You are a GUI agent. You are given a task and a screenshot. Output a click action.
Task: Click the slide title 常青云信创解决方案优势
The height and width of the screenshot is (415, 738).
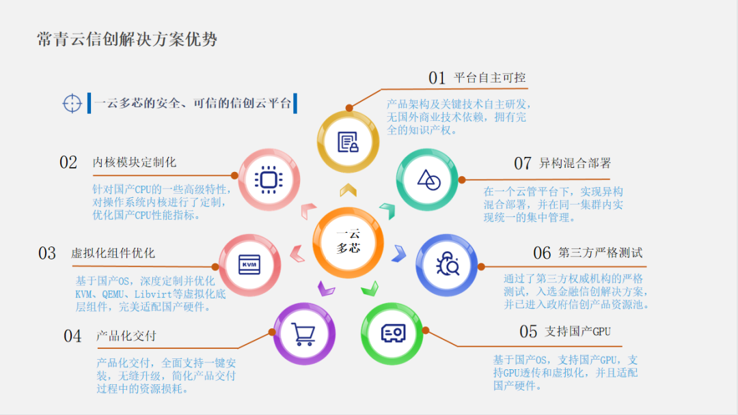tap(127, 39)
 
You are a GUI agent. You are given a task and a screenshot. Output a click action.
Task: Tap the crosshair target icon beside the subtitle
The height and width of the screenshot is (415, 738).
tap(72, 103)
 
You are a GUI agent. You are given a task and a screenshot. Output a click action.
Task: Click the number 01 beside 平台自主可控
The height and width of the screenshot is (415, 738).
tap(437, 78)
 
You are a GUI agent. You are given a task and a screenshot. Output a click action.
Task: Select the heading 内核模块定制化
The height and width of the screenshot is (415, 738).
tap(134, 162)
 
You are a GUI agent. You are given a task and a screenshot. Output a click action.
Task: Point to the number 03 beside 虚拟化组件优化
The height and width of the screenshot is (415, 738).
tap(47, 253)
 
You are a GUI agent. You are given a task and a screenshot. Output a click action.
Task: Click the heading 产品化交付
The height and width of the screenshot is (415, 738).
tap(126, 336)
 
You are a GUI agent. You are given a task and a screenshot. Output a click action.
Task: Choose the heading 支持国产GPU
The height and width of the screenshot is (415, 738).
tap(577, 331)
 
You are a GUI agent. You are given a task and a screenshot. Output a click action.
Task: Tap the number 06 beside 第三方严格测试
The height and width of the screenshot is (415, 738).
tap(542, 253)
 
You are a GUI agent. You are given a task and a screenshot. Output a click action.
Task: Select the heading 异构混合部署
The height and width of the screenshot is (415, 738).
tap(575, 163)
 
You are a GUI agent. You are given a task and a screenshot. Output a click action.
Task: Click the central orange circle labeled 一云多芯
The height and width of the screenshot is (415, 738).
tap(348, 242)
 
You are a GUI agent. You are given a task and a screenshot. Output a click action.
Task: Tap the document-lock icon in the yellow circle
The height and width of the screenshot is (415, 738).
tap(348, 142)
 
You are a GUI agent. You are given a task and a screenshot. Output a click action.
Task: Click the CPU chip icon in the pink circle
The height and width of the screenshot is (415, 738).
tap(269, 180)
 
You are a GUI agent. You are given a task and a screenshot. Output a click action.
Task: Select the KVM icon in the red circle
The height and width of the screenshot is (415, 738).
tap(249, 265)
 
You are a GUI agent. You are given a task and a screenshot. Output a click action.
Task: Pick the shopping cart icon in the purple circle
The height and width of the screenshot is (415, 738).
tap(303, 334)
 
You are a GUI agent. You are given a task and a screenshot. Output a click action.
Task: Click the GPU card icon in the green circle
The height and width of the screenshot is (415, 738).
tap(393, 333)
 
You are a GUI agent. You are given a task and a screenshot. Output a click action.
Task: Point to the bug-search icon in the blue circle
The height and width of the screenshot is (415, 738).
tap(447, 264)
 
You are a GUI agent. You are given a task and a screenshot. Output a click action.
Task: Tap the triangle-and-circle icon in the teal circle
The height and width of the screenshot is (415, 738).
tap(428, 180)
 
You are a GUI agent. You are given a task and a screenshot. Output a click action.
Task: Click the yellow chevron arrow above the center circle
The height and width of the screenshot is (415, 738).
tap(348, 190)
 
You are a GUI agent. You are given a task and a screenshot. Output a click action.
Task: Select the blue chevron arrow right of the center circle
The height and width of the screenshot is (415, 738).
tap(399, 253)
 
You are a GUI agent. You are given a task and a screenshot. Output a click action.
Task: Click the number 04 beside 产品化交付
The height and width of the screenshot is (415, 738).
tap(72, 337)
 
